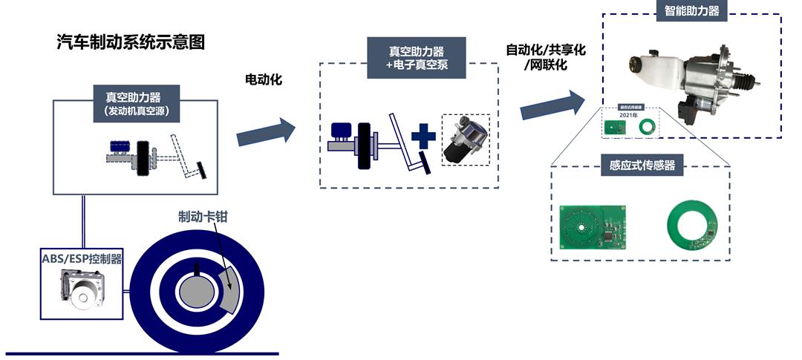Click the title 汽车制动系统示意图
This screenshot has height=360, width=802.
[x=130, y=42]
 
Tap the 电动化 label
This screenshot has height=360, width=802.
[x=264, y=79]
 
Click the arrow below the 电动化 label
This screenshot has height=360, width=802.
[x=265, y=131]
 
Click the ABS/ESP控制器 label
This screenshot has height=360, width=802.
[x=82, y=258]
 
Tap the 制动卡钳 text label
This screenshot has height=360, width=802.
[x=203, y=216]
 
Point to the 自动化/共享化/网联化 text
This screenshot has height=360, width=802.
[x=547, y=57]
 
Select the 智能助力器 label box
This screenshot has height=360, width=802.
[x=691, y=10]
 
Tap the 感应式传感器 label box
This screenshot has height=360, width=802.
[x=642, y=165]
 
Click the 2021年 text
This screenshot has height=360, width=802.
[x=629, y=116]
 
